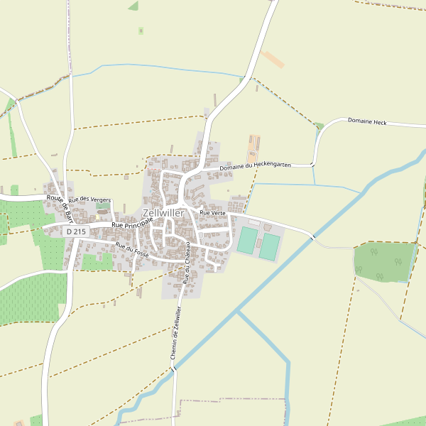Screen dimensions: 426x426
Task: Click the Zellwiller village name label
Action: coord(163,213)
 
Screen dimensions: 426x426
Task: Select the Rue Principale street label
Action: coord(132,223)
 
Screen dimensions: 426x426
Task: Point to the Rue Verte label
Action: coord(212,213)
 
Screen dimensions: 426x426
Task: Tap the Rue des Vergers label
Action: coord(89,200)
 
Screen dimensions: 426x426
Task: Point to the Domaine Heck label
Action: coord(367,121)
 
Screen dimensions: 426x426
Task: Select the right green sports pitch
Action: coord(270,246)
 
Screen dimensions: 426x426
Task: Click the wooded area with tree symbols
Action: coord(384,261)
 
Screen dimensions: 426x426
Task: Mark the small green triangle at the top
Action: coord(133,6)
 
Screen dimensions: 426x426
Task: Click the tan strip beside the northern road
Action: coord(272,59)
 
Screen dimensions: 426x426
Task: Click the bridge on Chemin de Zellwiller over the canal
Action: coord(173,369)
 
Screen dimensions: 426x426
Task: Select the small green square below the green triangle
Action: coord(141,31)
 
